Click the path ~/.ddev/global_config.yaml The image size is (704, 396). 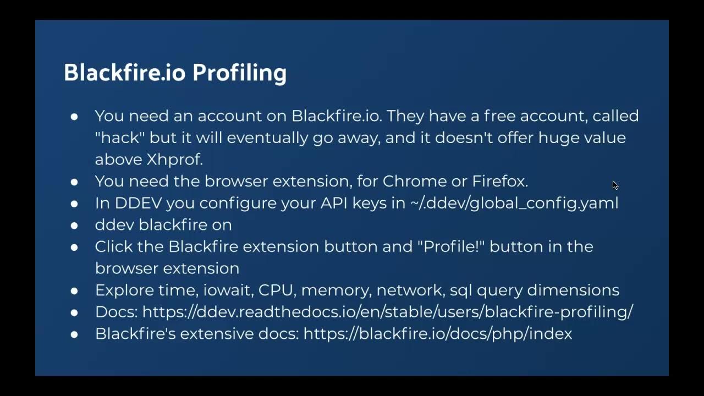[514, 203]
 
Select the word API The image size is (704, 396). [337, 203]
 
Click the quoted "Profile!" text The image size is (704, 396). [454, 246]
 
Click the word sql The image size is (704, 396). [460, 290]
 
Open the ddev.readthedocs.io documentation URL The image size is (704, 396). [387, 312]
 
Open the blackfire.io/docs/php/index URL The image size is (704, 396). [437, 334]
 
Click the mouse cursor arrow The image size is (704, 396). [615, 185]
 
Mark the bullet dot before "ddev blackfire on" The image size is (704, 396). [74, 225]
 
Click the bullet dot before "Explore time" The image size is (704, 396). [74, 290]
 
